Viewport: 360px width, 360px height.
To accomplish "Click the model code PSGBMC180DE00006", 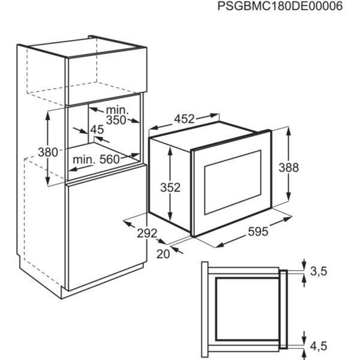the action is click(x=280, y=6).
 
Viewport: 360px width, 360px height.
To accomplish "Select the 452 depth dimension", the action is click(x=184, y=119).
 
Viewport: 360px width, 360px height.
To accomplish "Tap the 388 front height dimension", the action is click(x=289, y=167).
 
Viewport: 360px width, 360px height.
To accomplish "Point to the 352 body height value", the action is click(x=170, y=187).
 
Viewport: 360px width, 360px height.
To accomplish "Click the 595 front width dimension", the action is click(x=258, y=232).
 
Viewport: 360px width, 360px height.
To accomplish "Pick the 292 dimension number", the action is click(x=147, y=233).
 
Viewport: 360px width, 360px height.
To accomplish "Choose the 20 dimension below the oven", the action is click(x=163, y=254).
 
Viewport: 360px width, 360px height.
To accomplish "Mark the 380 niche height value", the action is click(x=48, y=152).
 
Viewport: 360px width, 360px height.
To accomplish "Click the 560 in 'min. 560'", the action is click(x=110, y=160).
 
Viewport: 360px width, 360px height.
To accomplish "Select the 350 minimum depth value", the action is click(x=116, y=120).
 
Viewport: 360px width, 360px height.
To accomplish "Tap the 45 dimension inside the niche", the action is click(x=97, y=130).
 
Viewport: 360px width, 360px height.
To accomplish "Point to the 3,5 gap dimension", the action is click(x=319, y=271).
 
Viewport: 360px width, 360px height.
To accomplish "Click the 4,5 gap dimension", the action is click(x=319, y=346).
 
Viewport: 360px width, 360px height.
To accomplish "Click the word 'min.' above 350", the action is click(x=117, y=110).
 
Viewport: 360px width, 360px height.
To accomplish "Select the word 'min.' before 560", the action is click(x=84, y=160).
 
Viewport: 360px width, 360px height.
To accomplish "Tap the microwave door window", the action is click(x=233, y=182).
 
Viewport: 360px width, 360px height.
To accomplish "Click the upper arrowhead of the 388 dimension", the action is click(x=289, y=131).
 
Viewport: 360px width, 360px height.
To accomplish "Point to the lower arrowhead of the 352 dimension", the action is click(x=170, y=216).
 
